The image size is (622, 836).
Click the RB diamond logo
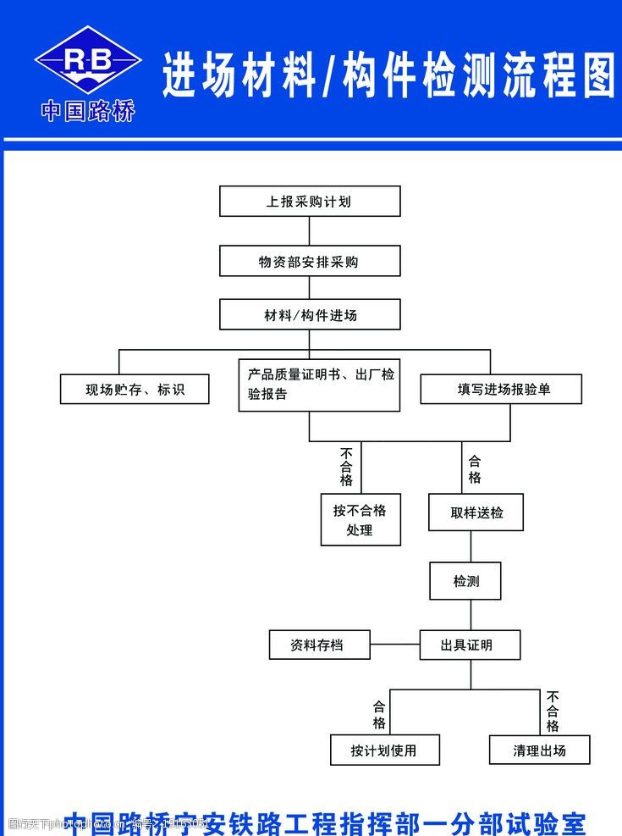click(x=87, y=59)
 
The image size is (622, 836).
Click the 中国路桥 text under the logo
click(x=88, y=112)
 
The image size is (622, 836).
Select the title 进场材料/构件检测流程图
click(x=388, y=76)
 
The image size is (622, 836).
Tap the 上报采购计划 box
click(x=309, y=202)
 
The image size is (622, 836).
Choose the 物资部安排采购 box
click(x=309, y=262)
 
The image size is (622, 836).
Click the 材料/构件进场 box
click(x=309, y=315)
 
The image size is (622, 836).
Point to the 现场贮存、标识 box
click(x=135, y=390)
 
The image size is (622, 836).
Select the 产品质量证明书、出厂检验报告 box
click(x=318, y=385)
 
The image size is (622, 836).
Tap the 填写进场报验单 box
click(x=502, y=389)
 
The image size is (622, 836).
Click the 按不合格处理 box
click(x=360, y=520)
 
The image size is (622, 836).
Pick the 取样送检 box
click(x=476, y=512)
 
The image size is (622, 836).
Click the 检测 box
click(x=465, y=581)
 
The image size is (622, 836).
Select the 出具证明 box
click(x=470, y=645)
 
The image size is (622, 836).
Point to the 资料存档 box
click(x=319, y=645)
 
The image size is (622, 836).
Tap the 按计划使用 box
click(x=384, y=750)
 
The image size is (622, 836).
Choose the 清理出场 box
click(x=539, y=750)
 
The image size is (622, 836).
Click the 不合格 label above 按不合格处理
click(x=346, y=467)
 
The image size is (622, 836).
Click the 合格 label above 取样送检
click(x=475, y=469)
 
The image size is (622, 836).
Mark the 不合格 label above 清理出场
click(x=553, y=711)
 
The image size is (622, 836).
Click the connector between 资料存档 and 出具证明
click(x=394, y=645)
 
